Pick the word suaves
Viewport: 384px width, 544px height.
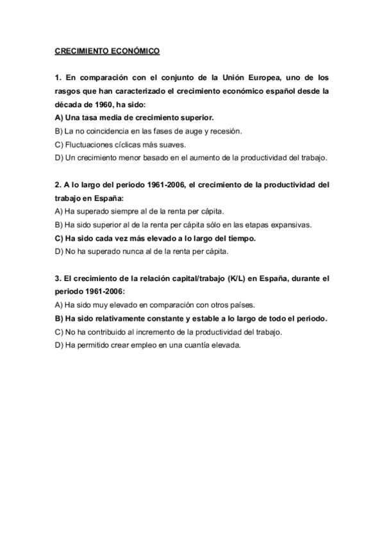[x=172, y=144]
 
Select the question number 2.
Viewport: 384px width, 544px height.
[x=57, y=185]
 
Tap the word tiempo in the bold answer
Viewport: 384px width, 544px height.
[x=239, y=237]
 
